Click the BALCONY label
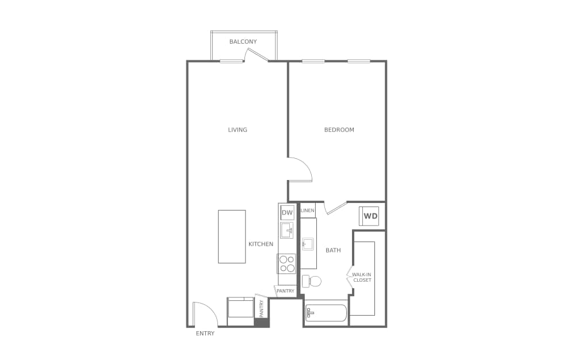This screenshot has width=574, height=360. (x=243, y=41)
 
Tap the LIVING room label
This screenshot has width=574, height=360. (x=238, y=130)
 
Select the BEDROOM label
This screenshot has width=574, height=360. (x=339, y=130)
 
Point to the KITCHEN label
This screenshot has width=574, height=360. (x=261, y=244)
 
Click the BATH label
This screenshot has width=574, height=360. (x=333, y=250)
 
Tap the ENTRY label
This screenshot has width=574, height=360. (x=205, y=334)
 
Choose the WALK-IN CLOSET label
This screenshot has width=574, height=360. (x=362, y=277)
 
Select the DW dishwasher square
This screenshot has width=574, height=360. (x=287, y=213)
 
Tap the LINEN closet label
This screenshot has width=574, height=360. (x=307, y=211)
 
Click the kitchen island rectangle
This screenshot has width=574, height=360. (x=232, y=236)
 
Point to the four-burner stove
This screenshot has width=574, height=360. (x=287, y=263)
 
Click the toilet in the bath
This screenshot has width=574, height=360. (x=312, y=281)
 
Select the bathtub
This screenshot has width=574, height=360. (x=326, y=313)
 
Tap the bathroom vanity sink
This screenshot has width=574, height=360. (x=308, y=244)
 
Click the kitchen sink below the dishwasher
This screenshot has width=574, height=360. (x=287, y=231)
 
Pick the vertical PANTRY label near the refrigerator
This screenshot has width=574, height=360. (x=262, y=309)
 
